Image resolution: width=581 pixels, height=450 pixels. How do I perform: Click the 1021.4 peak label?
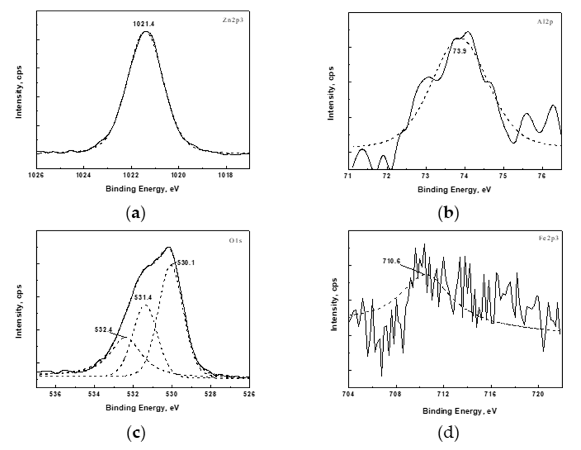click(144, 24)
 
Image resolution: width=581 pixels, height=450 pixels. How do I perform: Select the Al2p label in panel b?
click(545, 22)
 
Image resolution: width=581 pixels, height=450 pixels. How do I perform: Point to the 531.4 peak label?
click(143, 297)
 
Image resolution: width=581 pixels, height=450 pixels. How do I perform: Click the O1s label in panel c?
click(236, 241)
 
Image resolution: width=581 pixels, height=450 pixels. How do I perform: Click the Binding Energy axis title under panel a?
click(142, 189)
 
